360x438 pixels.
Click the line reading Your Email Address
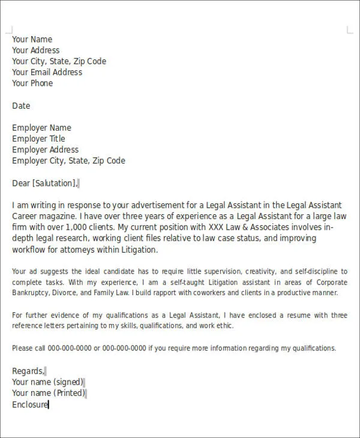(47, 73)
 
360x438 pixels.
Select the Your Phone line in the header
(32, 83)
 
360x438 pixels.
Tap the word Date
(21, 106)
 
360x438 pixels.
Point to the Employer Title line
(38, 139)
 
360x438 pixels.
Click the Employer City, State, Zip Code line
(68, 161)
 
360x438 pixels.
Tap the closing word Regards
(28, 371)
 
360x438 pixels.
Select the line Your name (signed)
(47, 382)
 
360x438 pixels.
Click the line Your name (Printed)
(48, 394)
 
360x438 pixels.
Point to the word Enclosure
(29, 405)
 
